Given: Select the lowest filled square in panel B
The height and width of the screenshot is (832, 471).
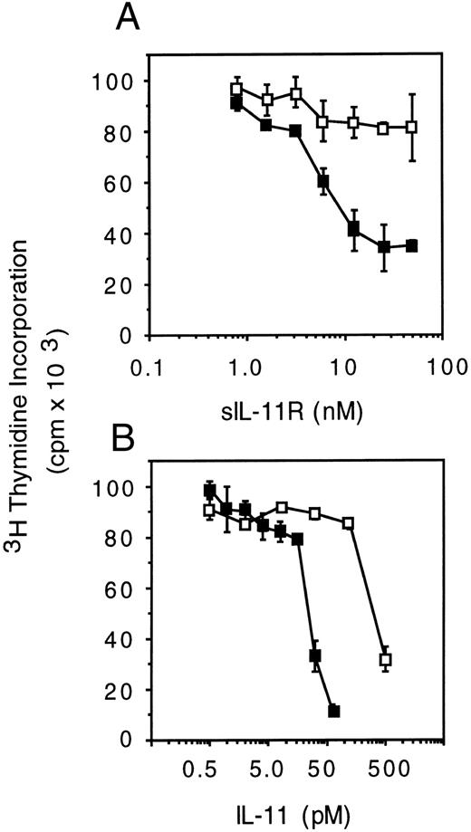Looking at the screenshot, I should [333, 711].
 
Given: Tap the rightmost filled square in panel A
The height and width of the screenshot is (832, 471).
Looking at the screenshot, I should [412, 245].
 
